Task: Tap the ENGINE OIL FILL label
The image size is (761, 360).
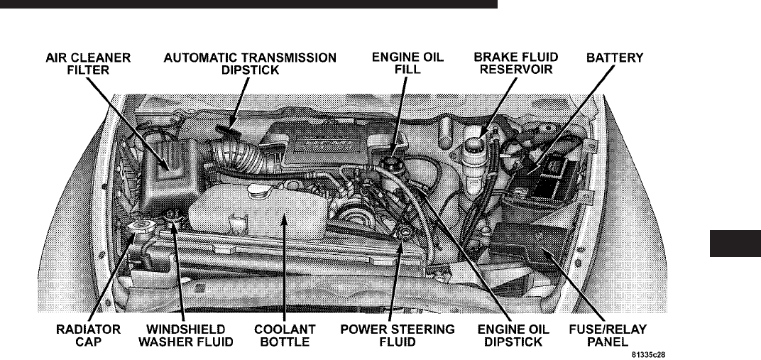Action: pos(408,63)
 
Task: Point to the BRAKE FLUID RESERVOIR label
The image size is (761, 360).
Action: pos(515,63)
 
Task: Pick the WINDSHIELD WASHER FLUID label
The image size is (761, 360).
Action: pos(190,336)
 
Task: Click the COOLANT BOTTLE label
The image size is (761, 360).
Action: pos(283,336)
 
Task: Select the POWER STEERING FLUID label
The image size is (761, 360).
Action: pos(398,336)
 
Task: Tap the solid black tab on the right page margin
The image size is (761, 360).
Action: pos(734,244)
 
